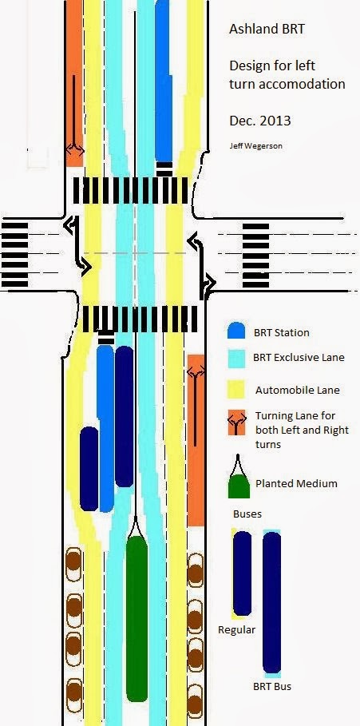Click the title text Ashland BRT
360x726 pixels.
267,30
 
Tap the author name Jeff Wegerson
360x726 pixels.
256,145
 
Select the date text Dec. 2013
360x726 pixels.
260,121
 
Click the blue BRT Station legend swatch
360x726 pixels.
236,331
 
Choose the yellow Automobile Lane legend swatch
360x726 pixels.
236,390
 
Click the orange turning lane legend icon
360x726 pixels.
236,423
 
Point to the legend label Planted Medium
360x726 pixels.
296,483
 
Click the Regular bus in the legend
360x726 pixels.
242,573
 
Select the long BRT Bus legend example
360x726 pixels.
271,602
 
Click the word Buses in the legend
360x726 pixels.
247,514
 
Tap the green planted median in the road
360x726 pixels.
136,618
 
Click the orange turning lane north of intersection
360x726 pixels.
74,83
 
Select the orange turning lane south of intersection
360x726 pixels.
196,440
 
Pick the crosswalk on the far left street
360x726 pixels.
14,255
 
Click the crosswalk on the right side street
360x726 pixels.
255,255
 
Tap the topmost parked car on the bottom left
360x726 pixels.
73,564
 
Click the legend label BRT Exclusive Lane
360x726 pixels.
299,358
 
